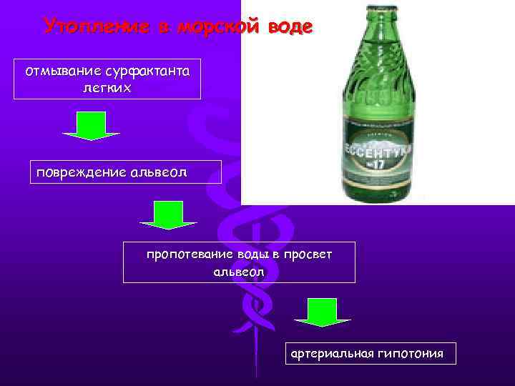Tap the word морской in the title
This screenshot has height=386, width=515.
219,26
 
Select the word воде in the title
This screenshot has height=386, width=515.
290,26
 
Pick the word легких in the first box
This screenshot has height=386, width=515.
107,87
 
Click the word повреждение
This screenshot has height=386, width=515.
79,172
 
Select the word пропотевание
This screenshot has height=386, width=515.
189,254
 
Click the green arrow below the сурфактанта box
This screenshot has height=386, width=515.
91,126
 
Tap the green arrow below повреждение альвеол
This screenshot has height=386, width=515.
168,215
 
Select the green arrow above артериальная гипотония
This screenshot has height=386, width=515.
322,312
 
